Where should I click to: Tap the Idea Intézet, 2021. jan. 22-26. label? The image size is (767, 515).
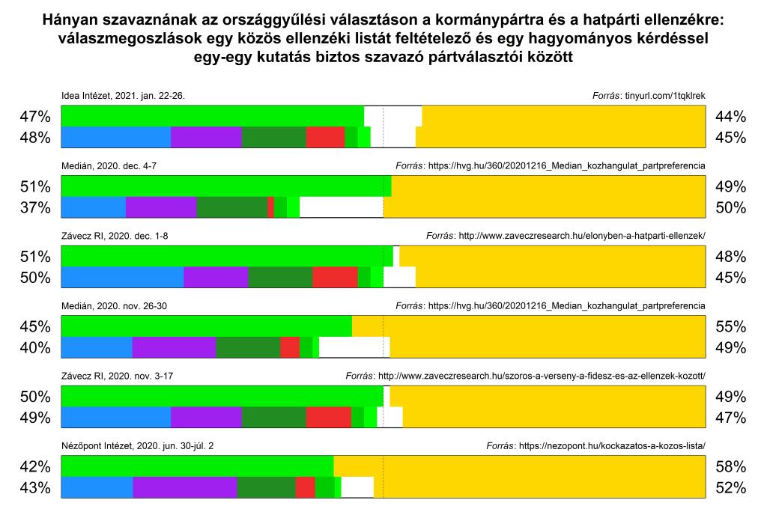(122, 96)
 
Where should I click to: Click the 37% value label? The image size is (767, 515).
(35, 207)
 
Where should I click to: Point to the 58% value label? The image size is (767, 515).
(730, 467)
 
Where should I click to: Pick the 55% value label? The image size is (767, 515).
(730, 327)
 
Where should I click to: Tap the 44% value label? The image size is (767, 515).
(730, 117)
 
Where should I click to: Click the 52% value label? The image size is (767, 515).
(730, 488)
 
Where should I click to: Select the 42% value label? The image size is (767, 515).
(35, 467)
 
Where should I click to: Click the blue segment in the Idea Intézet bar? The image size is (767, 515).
(115, 138)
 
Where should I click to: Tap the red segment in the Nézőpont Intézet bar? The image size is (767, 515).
(305, 488)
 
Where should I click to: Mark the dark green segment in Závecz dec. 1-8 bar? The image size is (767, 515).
(280, 278)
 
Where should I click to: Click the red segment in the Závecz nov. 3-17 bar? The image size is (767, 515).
(328, 418)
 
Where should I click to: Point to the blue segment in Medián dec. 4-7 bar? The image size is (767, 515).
(93, 207)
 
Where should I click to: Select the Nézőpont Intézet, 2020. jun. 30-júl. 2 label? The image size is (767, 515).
(139, 446)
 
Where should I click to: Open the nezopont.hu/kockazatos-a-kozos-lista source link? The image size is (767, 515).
(611, 446)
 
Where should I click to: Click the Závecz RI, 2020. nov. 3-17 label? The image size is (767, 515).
(118, 377)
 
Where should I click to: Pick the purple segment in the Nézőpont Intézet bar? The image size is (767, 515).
(184, 488)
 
